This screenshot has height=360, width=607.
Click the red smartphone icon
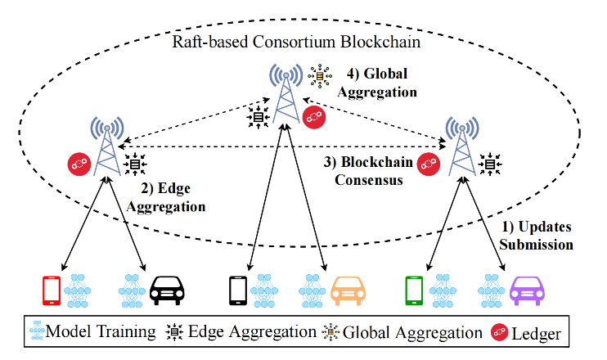click(52, 290)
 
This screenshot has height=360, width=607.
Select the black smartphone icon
click(238, 290)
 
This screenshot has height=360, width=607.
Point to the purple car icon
click(528, 290)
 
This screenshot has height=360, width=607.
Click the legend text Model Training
click(100, 333)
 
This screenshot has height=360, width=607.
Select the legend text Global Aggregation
click(412, 333)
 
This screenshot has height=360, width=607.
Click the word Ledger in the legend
click(537, 333)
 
